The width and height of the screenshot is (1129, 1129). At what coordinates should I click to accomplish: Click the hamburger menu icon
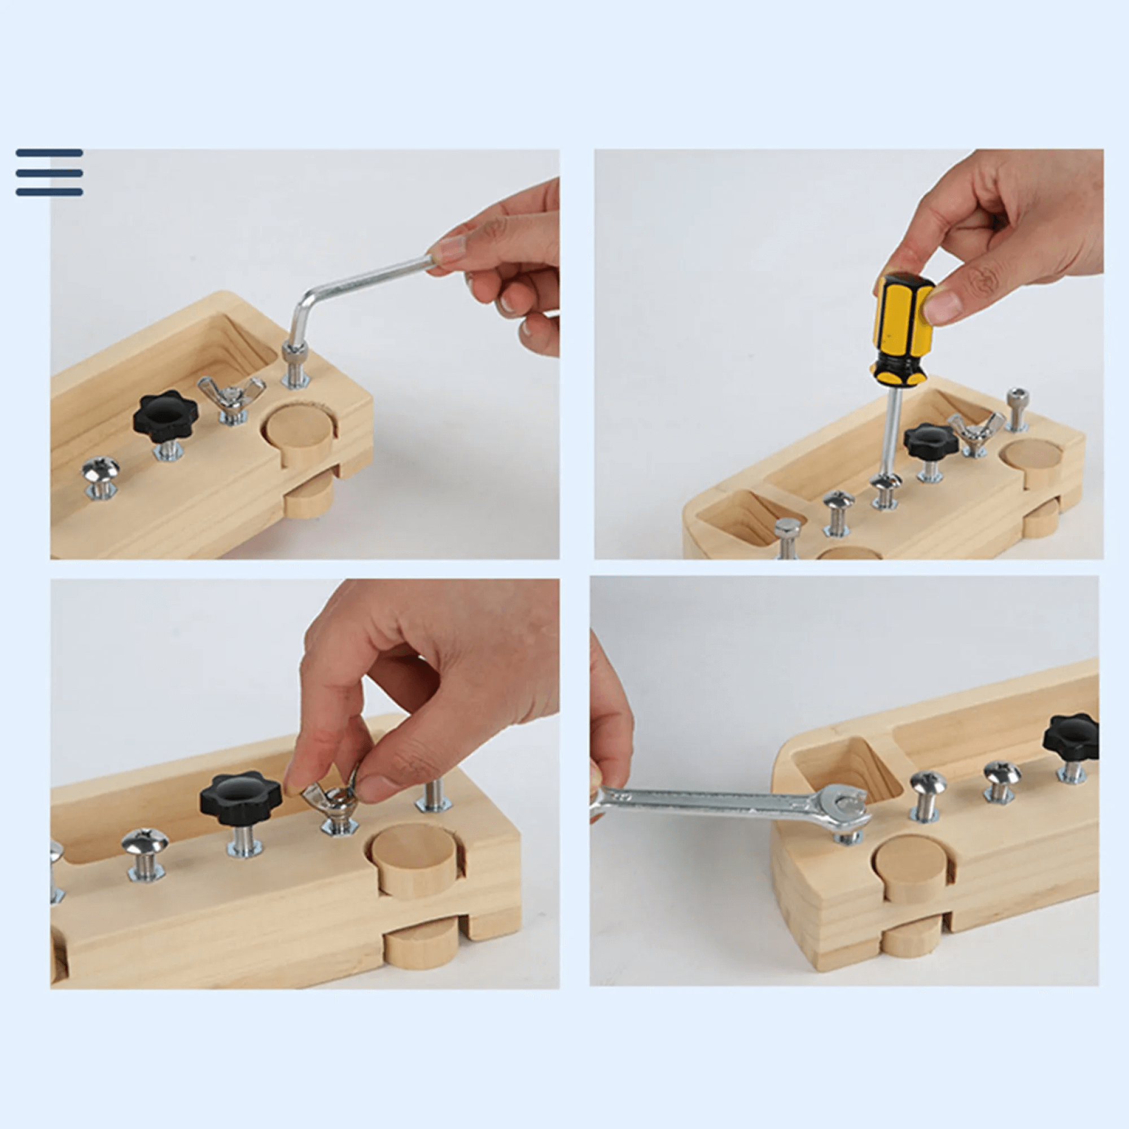tap(49, 172)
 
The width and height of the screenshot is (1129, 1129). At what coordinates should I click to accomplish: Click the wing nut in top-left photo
tap(231, 393)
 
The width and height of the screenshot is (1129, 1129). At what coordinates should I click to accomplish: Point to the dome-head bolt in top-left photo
tap(100, 470)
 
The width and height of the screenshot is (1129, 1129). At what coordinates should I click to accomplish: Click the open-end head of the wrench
tap(848, 807)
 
